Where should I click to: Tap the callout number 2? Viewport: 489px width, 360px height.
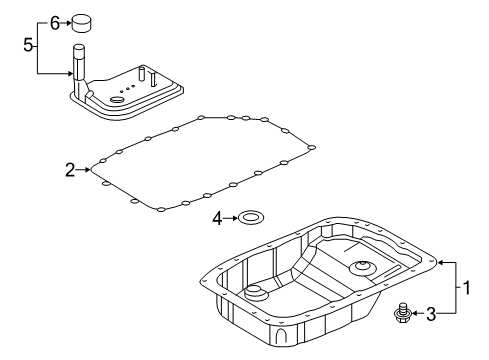[70, 171]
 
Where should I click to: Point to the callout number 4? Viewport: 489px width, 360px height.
[216, 217]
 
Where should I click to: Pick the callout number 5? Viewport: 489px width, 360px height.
[29, 44]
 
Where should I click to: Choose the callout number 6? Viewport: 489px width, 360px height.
[56, 20]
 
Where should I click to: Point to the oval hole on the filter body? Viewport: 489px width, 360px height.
[118, 98]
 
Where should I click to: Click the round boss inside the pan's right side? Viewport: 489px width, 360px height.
[361, 268]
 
